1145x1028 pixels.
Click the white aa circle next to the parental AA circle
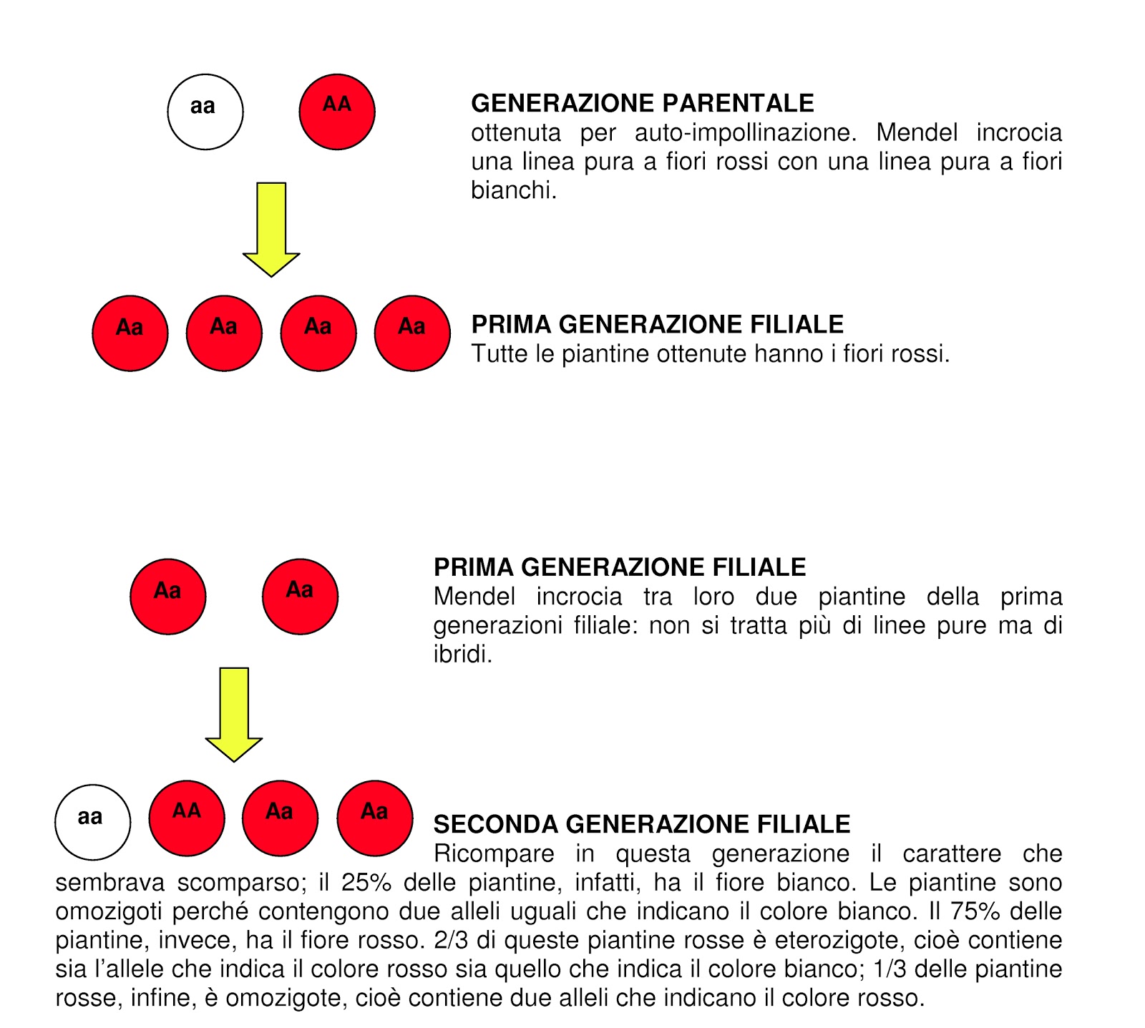(205, 112)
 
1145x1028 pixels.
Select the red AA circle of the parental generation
(337, 112)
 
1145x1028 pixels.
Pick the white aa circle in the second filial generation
(93, 822)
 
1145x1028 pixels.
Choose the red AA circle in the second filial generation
(187, 818)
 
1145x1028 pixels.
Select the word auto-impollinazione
(746, 133)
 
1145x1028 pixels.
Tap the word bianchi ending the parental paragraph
(512, 190)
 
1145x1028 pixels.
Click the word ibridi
(462, 655)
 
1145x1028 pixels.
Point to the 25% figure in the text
(366, 883)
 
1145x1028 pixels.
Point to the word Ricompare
(494, 853)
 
